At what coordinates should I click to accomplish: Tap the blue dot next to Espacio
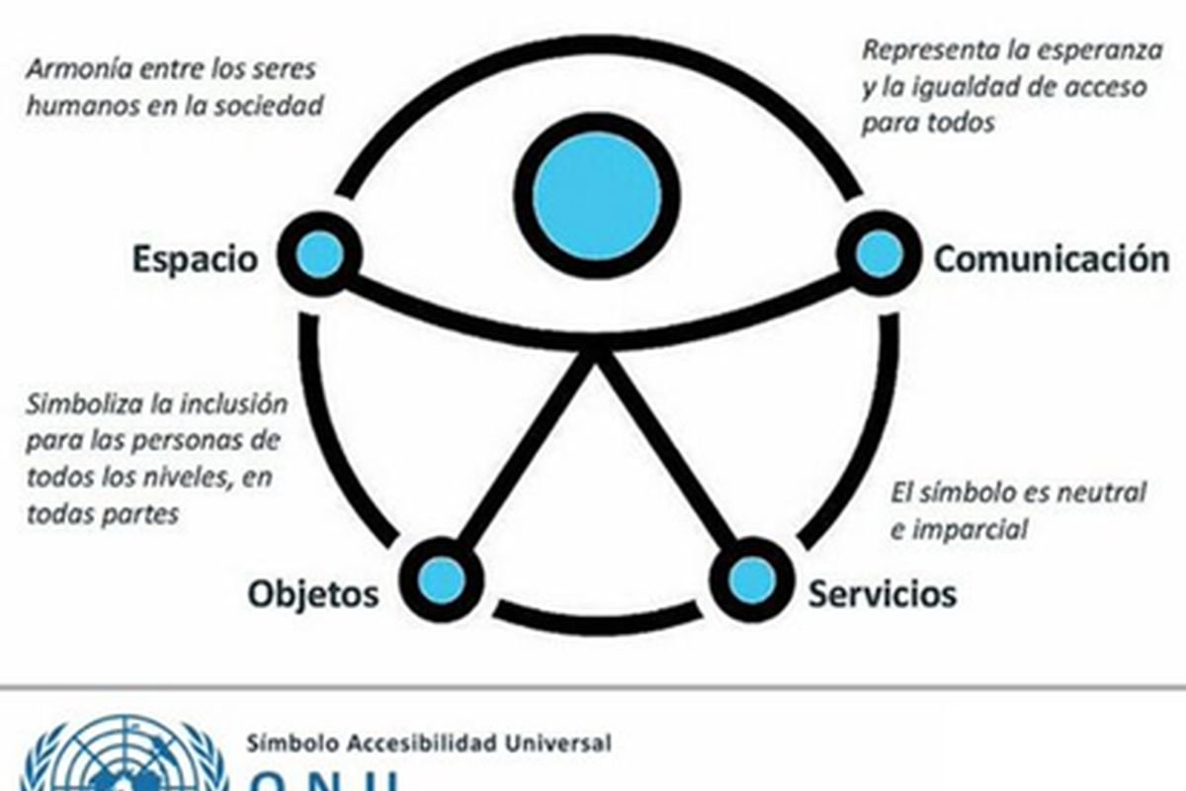click(x=320, y=256)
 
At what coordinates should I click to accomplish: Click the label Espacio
click(x=195, y=259)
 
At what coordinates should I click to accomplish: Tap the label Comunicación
click(x=1052, y=259)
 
